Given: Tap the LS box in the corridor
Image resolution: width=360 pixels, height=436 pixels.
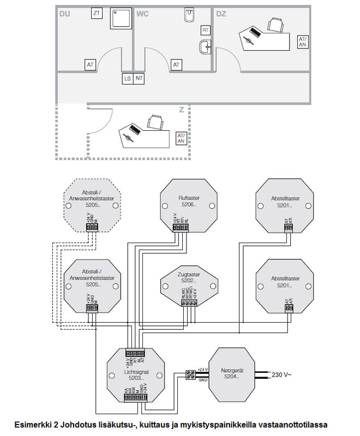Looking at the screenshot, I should (127, 79).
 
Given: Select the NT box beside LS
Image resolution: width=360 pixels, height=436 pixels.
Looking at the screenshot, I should (140, 79).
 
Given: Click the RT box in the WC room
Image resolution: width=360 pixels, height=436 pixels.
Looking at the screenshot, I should (206, 30).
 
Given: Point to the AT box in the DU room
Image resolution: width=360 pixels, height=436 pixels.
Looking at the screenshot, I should (91, 65).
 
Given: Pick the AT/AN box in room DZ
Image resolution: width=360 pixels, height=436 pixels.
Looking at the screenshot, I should (303, 42).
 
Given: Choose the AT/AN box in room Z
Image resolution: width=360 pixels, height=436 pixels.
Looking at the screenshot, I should (181, 138).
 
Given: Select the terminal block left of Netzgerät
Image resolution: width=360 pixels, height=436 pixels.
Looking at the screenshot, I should (191, 374).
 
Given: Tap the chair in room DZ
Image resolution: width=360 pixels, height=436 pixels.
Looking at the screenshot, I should (276, 24).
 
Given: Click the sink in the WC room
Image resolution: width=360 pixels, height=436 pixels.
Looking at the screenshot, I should (205, 47).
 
